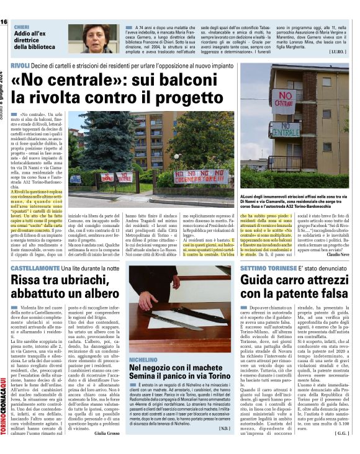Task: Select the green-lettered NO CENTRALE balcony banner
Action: click(x=285, y=131)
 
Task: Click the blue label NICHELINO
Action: click(x=143, y=359)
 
